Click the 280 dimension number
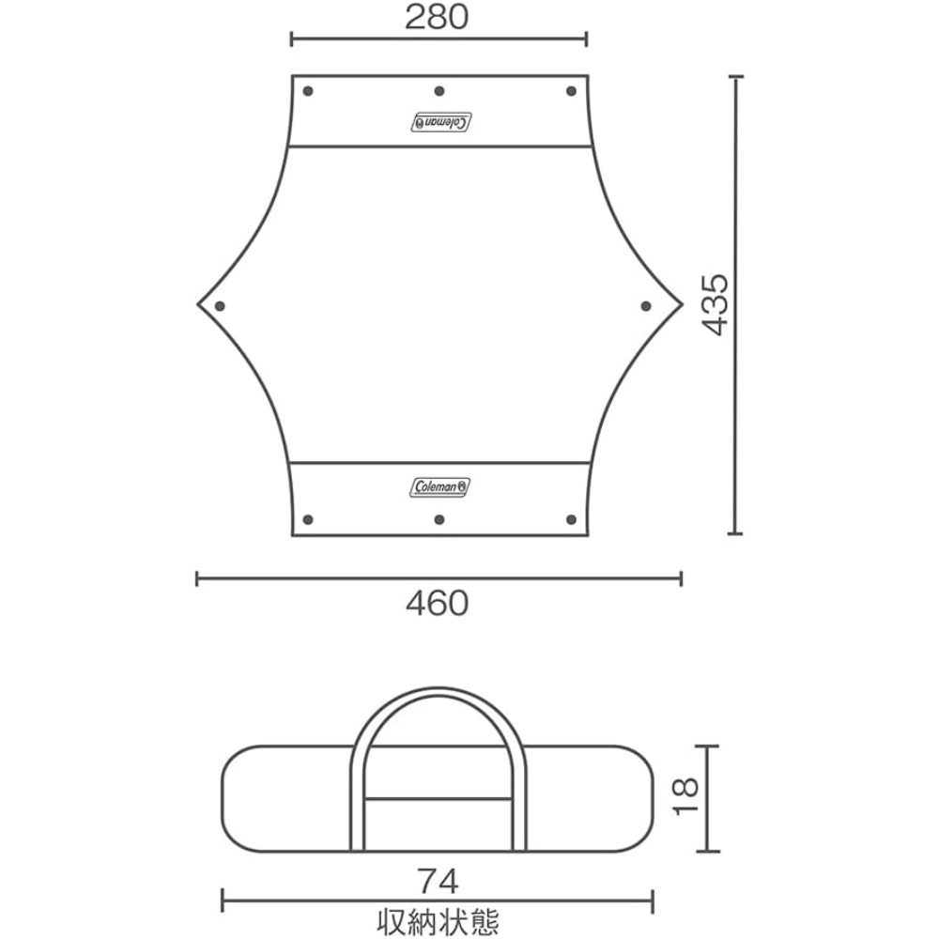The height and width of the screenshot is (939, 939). tap(437, 17)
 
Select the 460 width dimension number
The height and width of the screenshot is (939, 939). tap(438, 604)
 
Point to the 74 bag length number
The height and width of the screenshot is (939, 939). tap(439, 882)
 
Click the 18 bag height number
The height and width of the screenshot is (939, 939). tap(685, 795)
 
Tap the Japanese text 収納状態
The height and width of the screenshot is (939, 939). tap(439, 922)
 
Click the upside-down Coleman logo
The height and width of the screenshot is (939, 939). tap(440, 121)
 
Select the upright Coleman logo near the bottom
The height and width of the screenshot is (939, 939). tap(440, 486)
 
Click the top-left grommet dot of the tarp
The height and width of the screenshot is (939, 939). tap(308, 91)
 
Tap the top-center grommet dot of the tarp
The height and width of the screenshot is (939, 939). tap(439, 91)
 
